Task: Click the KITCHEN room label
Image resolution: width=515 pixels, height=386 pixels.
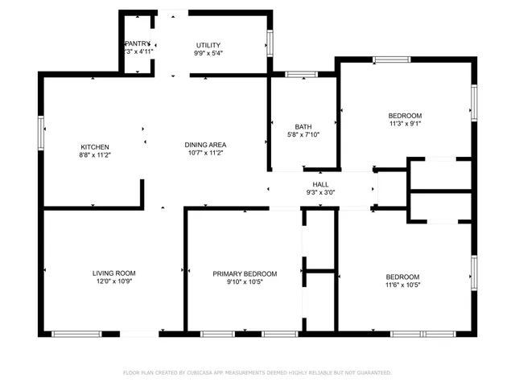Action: point(89,146)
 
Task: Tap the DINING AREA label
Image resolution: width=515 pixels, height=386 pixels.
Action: point(205,144)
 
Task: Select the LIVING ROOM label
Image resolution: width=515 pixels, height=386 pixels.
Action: point(113,273)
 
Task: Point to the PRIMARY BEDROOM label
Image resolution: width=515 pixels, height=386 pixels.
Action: point(245,273)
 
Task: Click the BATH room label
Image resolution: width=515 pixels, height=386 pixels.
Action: point(303,126)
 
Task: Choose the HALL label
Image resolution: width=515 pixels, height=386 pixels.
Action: point(320,184)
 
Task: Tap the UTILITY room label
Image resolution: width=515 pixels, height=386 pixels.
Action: point(208,45)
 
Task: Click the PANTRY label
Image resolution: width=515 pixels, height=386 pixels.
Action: point(138,43)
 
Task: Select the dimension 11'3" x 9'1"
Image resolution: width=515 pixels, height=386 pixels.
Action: point(405,124)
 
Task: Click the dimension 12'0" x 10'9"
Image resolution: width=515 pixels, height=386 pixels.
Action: point(113,281)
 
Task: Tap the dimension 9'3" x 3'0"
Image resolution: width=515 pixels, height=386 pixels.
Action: point(320,192)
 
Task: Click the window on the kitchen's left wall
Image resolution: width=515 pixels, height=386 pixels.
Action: point(41,133)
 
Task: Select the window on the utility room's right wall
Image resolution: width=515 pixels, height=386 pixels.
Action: point(270,41)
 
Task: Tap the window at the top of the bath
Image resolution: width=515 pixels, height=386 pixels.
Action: point(302,75)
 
